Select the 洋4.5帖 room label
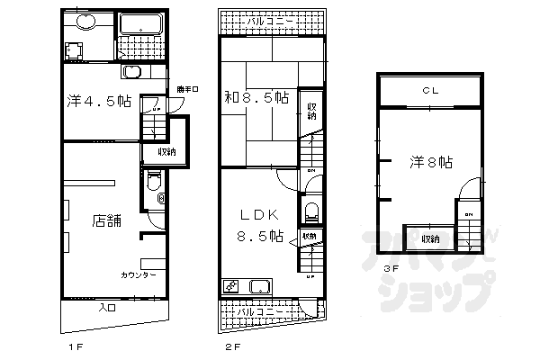click(95, 101)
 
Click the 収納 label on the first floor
click(167, 151)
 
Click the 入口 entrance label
click(105, 308)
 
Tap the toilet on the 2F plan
click(311, 213)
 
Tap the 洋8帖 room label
click(431, 162)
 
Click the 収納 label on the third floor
click(429, 238)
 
